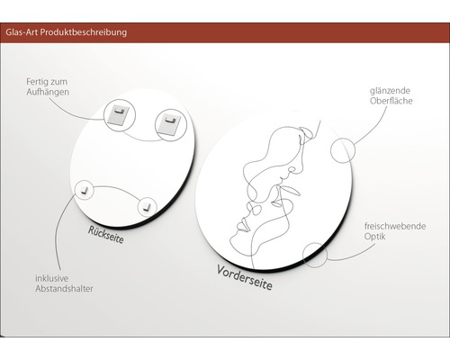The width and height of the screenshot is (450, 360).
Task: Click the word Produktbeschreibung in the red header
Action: pos(84,32)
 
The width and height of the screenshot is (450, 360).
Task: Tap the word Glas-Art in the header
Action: pos(22,31)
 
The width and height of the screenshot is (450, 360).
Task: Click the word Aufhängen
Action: pos(48,92)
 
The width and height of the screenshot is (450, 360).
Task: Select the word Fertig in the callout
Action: pos(35,82)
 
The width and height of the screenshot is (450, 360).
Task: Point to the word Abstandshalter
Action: pos(64,289)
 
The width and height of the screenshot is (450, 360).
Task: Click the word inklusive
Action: pos(51,278)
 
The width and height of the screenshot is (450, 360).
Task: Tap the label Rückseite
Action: pos(105,235)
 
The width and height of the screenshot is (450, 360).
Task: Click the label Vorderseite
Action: pos(245,277)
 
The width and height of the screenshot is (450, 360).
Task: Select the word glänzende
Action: pos(390,91)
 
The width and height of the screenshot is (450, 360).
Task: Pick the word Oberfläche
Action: pos(391,101)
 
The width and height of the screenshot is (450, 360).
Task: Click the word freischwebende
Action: pos(395,226)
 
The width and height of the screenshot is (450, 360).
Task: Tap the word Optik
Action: pos(375,237)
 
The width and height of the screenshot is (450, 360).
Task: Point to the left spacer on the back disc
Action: pos(85,189)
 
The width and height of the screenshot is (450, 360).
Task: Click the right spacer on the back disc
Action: pos(147,206)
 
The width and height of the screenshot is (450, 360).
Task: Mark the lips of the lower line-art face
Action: pos(242,227)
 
